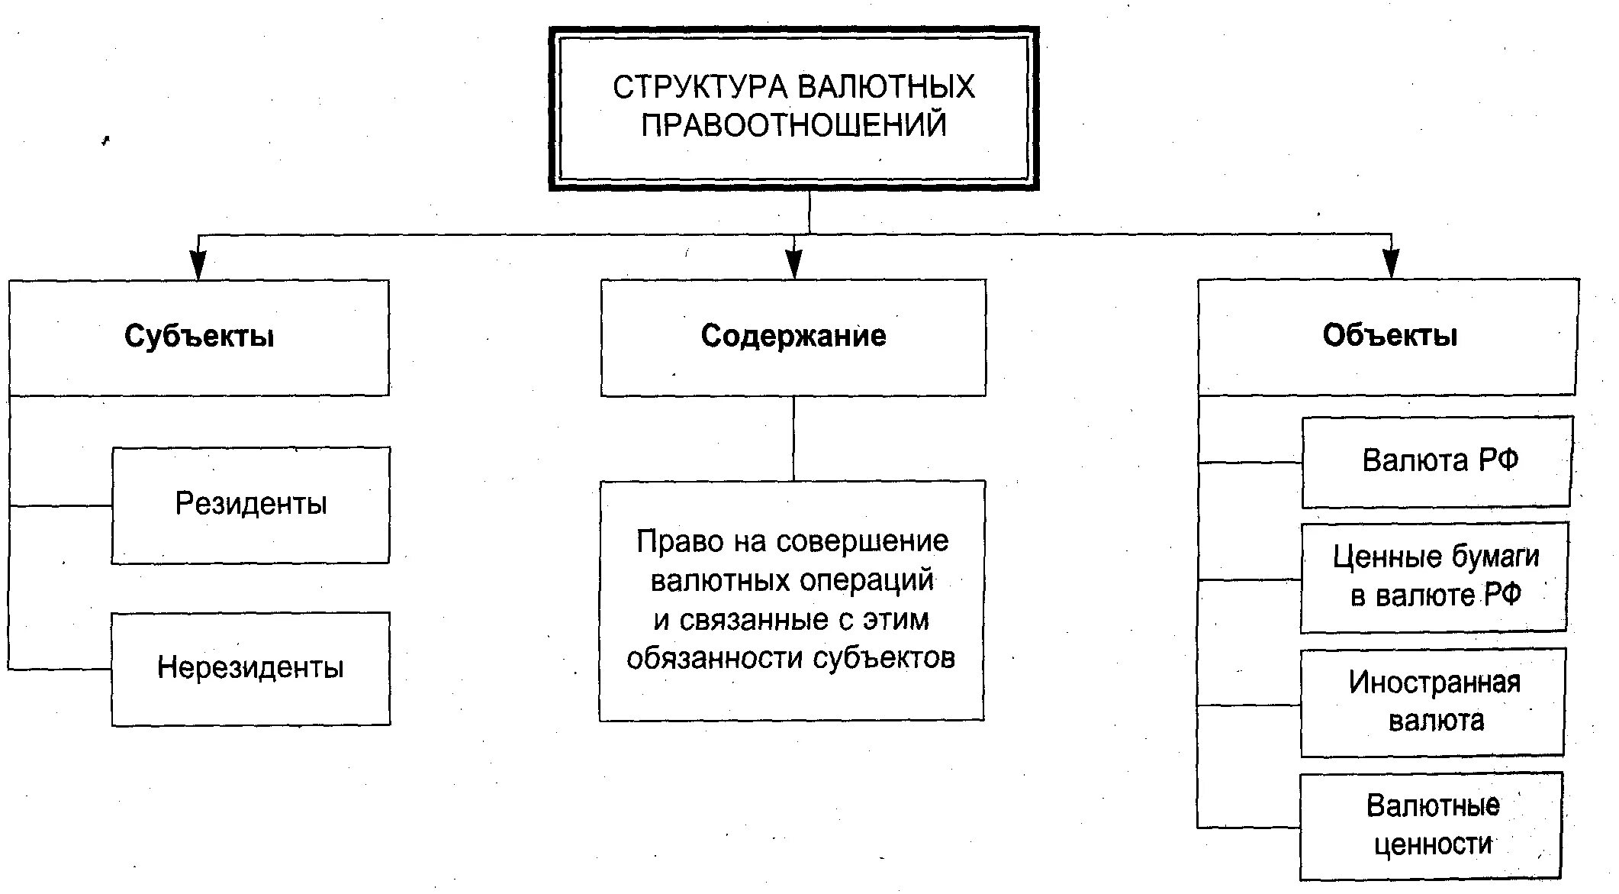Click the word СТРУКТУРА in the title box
[x=699, y=87]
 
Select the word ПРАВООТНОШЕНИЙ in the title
[x=793, y=125]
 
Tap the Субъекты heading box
[x=199, y=337]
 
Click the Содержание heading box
[x=793, y=337]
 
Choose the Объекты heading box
[x=1389, y=337]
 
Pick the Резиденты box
[x=251, y=505]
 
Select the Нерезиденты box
[x=251, y=668]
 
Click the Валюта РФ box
[x=1437, y=461]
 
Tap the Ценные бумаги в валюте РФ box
[x=1434, y=577]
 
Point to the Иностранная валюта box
[x=1433, y=702]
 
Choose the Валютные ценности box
[x=1431, y=826]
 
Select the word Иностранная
[x=1434, y=683]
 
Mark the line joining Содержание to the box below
[x=793, y=438]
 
